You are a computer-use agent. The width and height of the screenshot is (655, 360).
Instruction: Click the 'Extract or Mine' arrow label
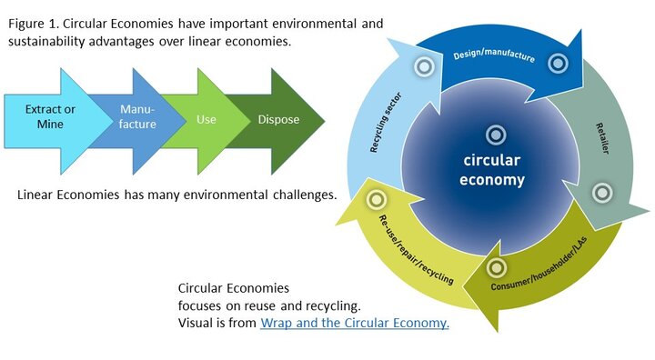point(50,116)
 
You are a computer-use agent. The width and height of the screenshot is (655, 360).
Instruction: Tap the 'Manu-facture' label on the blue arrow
point(137,116)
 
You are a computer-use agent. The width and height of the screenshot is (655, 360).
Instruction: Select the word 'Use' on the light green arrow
point(207,119)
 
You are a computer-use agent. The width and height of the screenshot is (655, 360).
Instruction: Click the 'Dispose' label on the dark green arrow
point(278,120)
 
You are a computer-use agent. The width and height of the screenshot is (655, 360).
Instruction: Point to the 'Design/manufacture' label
point(494,55)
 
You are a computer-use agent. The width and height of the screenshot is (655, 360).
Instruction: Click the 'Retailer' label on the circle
point(602,138)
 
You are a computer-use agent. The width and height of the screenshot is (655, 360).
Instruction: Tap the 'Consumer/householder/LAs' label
point(539,265)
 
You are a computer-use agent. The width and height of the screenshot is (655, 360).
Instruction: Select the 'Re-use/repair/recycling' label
point(416,250)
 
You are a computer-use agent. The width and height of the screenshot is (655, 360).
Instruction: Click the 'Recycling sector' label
point(386,123)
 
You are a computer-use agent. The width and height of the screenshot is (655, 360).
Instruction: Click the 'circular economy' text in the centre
point(492,170)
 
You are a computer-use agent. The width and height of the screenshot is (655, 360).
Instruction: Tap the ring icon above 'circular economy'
point(496,135)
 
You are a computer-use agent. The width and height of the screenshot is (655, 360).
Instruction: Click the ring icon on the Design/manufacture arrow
point(558,64)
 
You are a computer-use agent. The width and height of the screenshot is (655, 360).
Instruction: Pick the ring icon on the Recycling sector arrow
point(424,66)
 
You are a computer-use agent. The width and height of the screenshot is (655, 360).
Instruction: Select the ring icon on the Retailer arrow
point(602,193)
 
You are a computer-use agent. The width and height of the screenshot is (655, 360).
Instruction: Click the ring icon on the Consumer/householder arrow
point(497,267)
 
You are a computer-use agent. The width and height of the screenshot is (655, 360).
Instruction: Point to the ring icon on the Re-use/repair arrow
point(376,200)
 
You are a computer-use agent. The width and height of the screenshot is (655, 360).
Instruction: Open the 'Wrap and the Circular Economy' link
point(355,324)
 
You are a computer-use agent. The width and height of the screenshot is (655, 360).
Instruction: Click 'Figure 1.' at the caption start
point(33,24)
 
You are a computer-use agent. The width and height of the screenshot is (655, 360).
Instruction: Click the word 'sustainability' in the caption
point(46,42)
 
